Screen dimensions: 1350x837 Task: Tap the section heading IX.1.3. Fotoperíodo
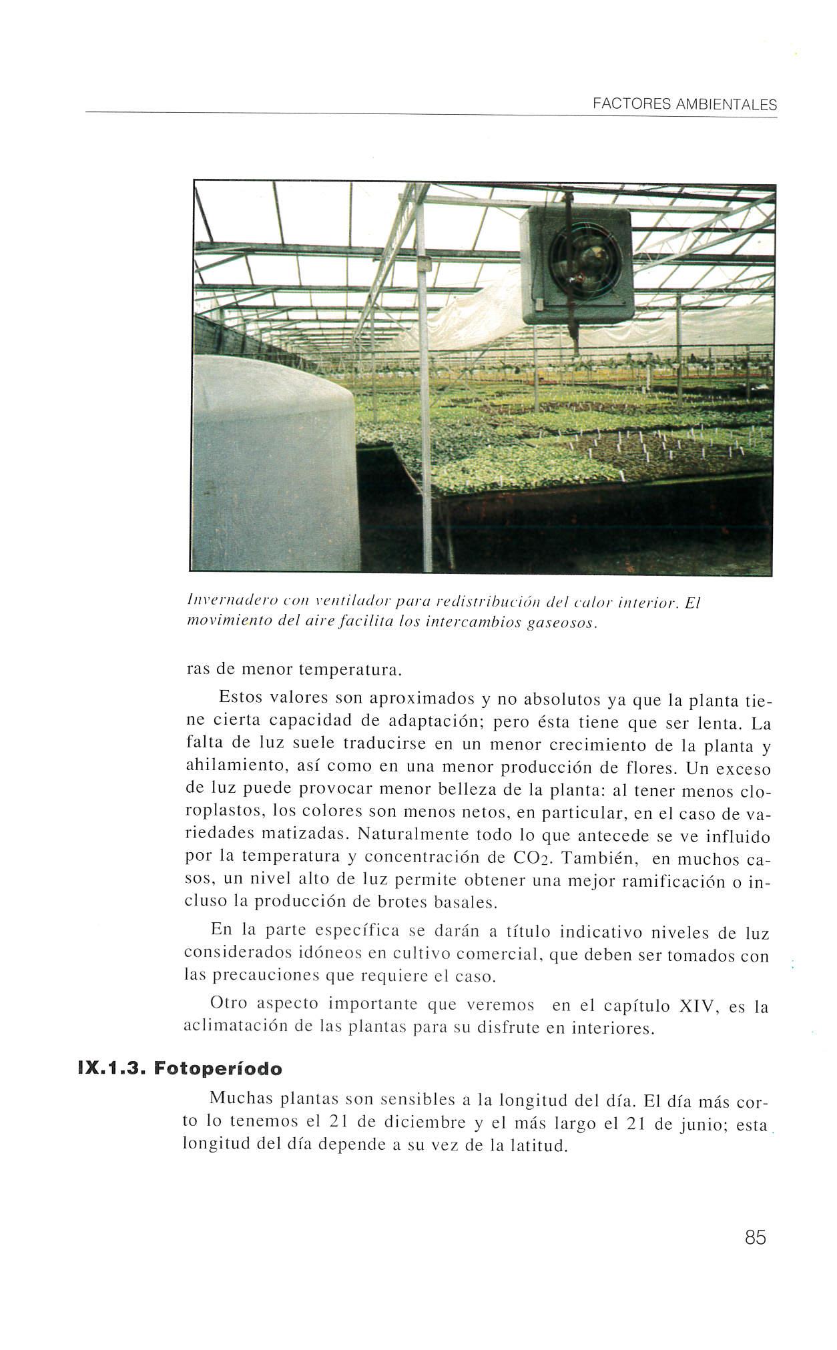[x=180, y=1068]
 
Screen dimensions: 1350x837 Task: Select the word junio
[x=699, y=1125]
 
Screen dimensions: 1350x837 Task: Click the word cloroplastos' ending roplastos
[x=224, y=813]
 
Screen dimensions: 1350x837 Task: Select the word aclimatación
[x=234, y=1027]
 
